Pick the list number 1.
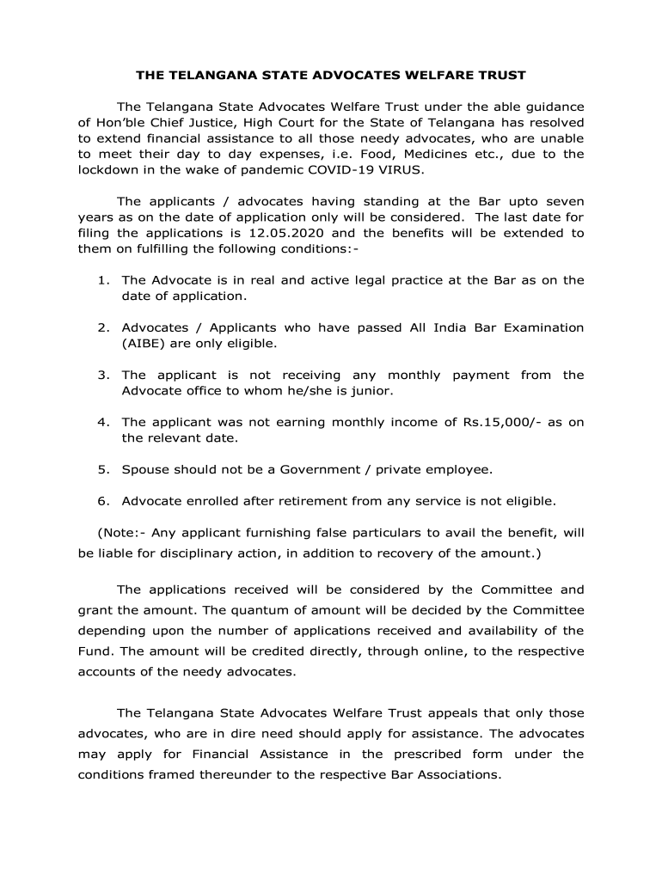pyautogui.click(x=102, y=280)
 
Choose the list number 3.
pyautogui.click(x=102, y=375)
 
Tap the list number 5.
pyautogui.click(x=102, y=469)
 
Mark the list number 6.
pyautogui.click(x=102, y=500)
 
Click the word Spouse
pyautogui.click(x=145, y=469)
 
